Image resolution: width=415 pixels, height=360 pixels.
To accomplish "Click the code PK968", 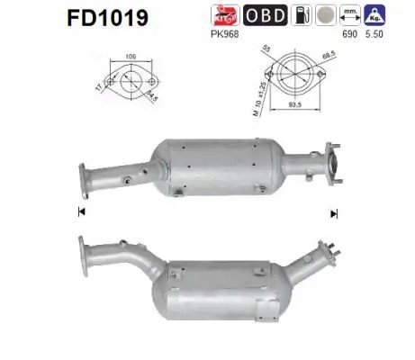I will (x=221, y=33).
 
